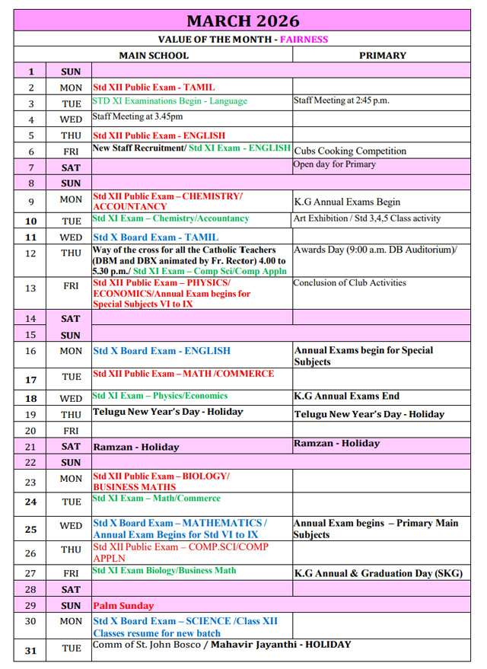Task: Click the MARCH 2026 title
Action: [x=243, y=21]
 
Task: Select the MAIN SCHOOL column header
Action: [x=154, y=55]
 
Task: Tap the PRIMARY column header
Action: [x=382, y=55]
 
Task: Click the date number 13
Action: [x=30, y=288]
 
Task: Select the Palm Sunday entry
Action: [x=123, y=606]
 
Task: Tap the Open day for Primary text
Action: [x=334, y=164]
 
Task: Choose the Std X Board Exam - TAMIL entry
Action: [x=155, y=237]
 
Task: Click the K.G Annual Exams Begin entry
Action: [x=347, y=202]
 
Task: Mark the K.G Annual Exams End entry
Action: [x=346, y=396]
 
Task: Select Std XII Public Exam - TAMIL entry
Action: [x=154, y=88]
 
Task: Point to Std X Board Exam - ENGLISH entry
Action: [x=161, y=351]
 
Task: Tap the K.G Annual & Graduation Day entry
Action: [x=378, y=574]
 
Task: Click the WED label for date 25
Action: [x=71, y=526]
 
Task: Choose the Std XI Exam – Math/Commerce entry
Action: [x=156, y=499]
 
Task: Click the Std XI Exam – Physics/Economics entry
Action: [x=160, y=396]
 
